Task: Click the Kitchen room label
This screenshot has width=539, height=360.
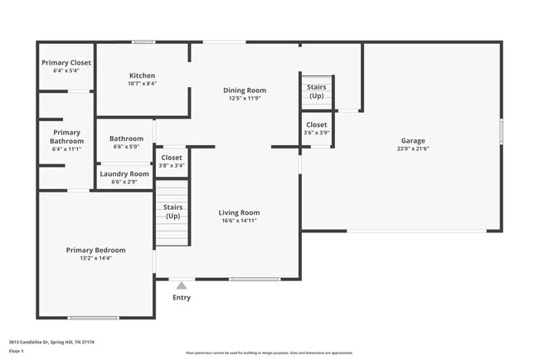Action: point(143,75)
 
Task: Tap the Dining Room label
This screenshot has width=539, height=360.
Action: point(245,90)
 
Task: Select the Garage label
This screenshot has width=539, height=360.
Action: point(413,140)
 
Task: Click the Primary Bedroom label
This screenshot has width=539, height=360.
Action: point(96,250)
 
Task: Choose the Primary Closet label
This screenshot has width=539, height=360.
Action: point(66,62)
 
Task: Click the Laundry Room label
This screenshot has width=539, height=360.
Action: point(124,173)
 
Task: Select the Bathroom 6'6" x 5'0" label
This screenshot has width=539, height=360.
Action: point(127,139)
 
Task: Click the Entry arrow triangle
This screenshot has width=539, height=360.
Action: point(181,285)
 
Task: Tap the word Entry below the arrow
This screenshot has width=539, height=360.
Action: point(181,297)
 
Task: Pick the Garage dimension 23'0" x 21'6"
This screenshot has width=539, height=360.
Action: point(413,148)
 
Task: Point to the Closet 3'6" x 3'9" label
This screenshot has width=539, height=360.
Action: point(316,124)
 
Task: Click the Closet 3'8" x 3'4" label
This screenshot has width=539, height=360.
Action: point(172,157)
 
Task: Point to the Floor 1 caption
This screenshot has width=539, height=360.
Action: point(17,351)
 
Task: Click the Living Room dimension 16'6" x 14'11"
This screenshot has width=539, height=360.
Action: point(239,221)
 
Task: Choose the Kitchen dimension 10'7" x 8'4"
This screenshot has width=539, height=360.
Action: point(143,83)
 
